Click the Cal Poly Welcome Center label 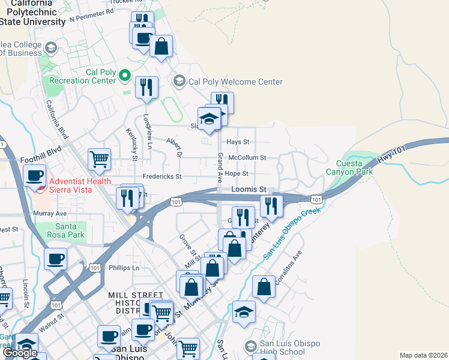pyautogui.click(x=235, y=82)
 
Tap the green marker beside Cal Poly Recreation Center pyautogui.click(x=125, y=75)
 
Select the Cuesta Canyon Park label pyautogui.click(x=348, y=167)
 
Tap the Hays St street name pyautogui.click(x=238, y=142)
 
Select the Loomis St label pyautogui.click(x=248, y=189)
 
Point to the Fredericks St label pyautogui.click(x=161, y=176)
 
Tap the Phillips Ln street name pyautogui.click(x=124, y=268)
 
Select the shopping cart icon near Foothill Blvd pyautogui.click(x=99, y=160)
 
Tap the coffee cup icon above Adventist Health pyautogui.click(x=35, y=175)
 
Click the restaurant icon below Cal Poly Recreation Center pyautogui.click(x=146, y=88)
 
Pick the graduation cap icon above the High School pyautogui.click(x=244, y=312)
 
